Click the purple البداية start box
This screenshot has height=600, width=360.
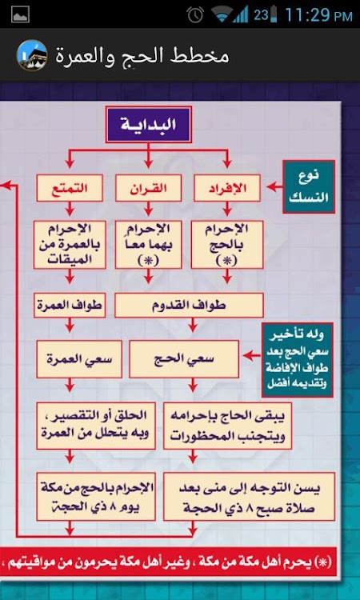149,125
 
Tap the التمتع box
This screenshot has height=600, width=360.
70,188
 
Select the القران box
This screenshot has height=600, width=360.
149,188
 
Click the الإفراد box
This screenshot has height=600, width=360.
227,188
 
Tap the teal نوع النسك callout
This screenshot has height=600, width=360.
309,186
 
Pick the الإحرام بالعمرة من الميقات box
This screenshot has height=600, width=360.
70,245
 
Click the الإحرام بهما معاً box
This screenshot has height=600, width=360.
149,245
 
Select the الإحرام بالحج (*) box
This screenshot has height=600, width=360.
227,245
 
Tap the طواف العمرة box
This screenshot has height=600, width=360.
70,306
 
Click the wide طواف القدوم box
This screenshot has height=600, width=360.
189,306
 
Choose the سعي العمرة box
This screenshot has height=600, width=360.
79,359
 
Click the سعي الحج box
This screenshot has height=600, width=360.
184,359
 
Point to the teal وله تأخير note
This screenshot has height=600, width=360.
298,360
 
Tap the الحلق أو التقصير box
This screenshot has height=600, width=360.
96,425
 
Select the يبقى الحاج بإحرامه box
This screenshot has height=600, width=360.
227,425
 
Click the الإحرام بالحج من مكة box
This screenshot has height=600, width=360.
96,496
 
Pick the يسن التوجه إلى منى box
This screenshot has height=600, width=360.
249,496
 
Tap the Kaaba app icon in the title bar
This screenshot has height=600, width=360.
32,55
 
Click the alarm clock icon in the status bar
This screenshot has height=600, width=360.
195,15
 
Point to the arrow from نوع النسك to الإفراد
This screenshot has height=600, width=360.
274,187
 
